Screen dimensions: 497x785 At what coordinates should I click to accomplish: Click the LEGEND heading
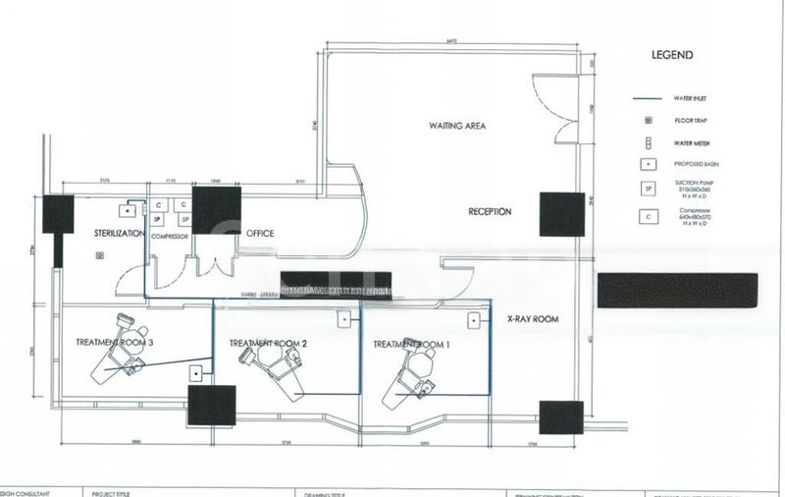[x=673, y=55]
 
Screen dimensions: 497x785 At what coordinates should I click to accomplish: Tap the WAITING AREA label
[x=456, y=126]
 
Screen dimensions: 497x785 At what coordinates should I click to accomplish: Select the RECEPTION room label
[x=491, y=211]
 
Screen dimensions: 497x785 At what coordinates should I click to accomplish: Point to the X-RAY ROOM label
[x=532, y=319]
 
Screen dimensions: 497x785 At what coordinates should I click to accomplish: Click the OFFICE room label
[x=260, y=233]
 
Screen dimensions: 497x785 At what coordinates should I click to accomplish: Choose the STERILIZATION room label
[x=120, y=233]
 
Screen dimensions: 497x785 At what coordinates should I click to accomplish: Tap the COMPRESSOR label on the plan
[x=169, y=237]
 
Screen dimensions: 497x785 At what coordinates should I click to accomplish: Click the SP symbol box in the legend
[x=648, y=188]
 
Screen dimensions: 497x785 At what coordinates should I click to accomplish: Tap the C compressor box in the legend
[x=648, y=216]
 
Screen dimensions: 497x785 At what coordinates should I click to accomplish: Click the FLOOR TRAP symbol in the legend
[x=648, y=120]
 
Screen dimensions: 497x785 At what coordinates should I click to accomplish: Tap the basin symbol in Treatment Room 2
[x=345, y=319]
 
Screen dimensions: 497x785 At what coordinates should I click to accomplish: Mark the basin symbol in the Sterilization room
[x=129, y=209]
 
